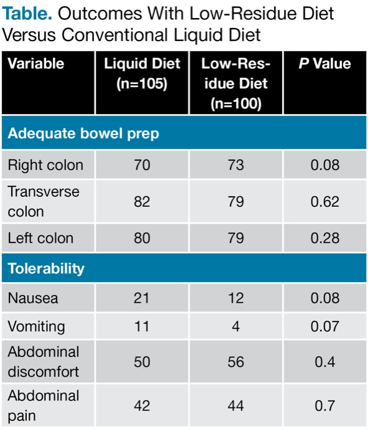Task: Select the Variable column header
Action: pyautogui.click(x=36, y=64)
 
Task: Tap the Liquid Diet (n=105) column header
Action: pyautogui.click(x=142, y=73)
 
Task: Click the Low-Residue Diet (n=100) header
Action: pyautogui.click(x=235, y=83)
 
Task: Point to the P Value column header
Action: pyautogui.click(x=324, y=64)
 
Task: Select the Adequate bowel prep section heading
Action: pyautogui.click(x=83, y=133)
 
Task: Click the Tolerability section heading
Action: pyautogui.click(x=46, y=268)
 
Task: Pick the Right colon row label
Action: pyautogui.click(x=45, y=165)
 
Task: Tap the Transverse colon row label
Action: pyautogui.click(x=44, y=201)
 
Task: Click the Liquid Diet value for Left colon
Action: pyautogui.click(x=142, y=238)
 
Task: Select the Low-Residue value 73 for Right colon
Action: pyautogui.click(x=235, y=165)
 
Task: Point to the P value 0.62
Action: pyautogui.click(x=324, y=201)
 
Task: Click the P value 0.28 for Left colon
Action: pyautogui.click(x=324, y=238)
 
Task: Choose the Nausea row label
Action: pyautogui.click(x=33, y=298)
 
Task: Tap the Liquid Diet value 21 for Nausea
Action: pyautogui.click(x=142, y=298)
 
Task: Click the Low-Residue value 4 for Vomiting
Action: pyautogui.click(x=235, y=326)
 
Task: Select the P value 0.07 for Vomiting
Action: pyautogui.click(x=324, y=326)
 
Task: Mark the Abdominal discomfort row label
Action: pyautogui.click(x=44, y=361)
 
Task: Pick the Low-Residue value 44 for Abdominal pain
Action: pyautogui.click(x=235, y=405)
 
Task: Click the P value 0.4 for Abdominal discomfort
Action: pyautogui.click(x=324, y=361)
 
